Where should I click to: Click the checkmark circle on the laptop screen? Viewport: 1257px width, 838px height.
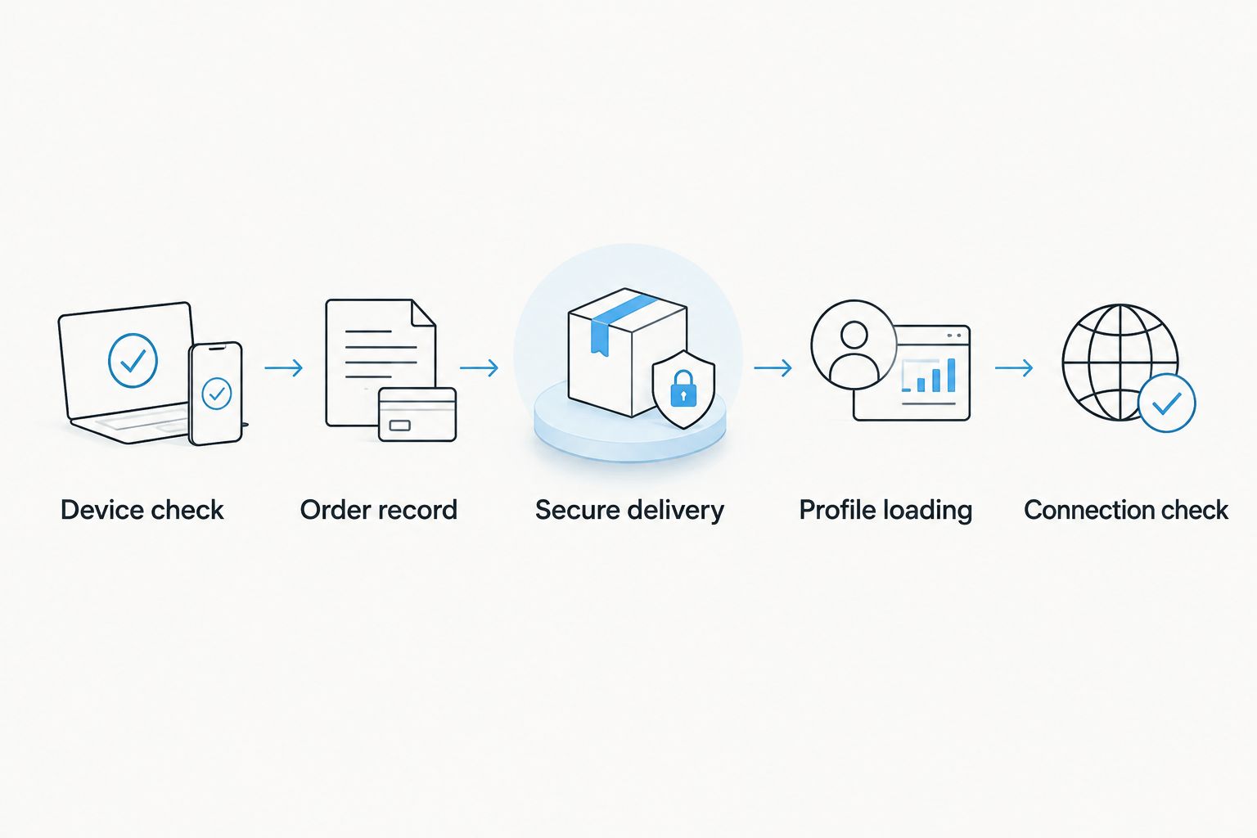pyautogui.click(x=133, y=360)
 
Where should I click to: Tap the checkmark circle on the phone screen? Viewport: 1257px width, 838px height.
pyautogui.click(x=217, y=394)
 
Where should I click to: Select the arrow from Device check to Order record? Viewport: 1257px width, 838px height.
pyautogui.click(x=284, y=368)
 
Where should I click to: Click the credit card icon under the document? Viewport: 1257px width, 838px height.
pyautogui.click(x=417, y=414)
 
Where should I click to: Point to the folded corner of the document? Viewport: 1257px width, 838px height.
pyautogui.click(x=424, y=313)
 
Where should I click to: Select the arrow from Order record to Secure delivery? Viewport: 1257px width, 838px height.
pyautogui.click(x=480, y=368)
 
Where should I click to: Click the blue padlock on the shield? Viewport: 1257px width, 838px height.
pyautogui.click(x=683, y=388)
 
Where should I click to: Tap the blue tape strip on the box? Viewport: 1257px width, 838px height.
pyautogui.click(x=620, y=322)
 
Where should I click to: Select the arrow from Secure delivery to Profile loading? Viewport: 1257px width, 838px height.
pyautogui.click(x=773, y=368)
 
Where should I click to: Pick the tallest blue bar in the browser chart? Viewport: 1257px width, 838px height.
pyautogui.click(x=951, y=375)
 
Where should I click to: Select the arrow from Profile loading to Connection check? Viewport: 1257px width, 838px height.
pyautogui.click(x=1014, y=368)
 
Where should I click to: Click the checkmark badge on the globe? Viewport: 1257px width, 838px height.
pyautogui.click(x=1167, y=403)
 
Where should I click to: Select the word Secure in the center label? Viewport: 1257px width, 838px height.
pyautogui.click(x=578, y=510)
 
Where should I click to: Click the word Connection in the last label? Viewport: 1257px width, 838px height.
pyautogui.click(x=1088, y=510)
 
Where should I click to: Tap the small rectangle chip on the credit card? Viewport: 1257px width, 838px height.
pyautogui.click(x=399, y=426)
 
